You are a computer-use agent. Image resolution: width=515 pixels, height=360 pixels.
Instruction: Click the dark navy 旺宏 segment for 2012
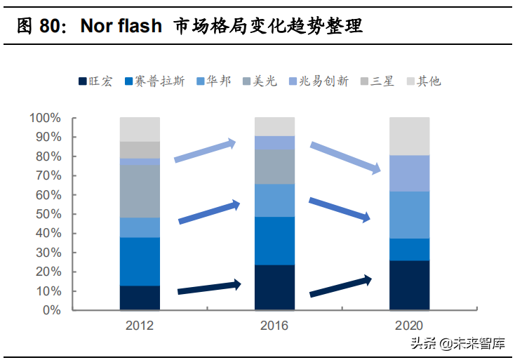[140, 298]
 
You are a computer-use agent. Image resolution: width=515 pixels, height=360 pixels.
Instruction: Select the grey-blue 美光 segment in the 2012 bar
[140, 191]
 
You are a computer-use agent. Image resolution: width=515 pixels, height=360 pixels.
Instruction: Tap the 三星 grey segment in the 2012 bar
[140, 150]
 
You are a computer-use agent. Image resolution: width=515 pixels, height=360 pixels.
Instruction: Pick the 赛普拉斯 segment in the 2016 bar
[274, 241]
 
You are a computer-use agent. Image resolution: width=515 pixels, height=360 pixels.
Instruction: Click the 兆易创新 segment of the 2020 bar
[410, 173]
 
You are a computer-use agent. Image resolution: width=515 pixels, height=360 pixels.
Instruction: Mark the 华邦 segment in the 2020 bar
[410, 215]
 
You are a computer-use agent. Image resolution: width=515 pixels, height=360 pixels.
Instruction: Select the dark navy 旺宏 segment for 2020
[410, 285]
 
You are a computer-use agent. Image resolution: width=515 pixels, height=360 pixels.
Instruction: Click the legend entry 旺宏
[95, 81]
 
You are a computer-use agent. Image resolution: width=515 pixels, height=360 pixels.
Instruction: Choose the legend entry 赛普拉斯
[155, 81]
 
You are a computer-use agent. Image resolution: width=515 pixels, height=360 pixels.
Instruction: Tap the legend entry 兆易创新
[319, 81]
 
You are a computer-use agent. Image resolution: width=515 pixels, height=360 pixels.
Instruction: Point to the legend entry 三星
[377, 81]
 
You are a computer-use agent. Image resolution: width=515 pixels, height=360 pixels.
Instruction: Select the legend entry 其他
[424, 81]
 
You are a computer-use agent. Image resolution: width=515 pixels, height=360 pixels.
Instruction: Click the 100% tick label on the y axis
[46, 118]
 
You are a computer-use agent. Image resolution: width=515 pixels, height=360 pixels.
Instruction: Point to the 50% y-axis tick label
[48, 214]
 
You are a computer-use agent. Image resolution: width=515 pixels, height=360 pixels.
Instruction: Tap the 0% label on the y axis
[51, 310]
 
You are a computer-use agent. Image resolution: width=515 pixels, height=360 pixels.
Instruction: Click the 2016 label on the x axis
[274, 326]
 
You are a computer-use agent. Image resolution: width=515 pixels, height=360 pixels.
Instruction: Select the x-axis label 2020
[409, 326]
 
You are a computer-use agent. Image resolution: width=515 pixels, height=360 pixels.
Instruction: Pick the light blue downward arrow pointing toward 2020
[345, 158]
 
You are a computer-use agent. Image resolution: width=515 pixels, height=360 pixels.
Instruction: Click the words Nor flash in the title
[121, 26]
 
